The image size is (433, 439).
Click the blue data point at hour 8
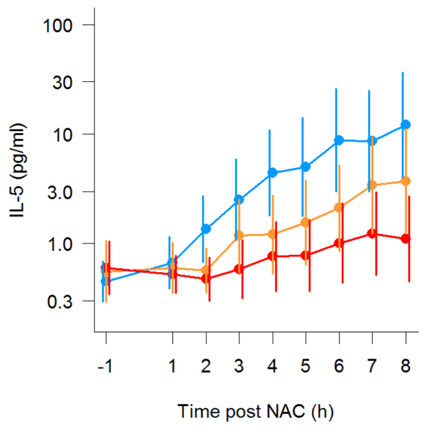(406, 124)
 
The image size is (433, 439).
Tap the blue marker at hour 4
(273, 173)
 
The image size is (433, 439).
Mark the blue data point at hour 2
(206, 228)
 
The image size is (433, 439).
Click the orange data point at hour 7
(372, 185)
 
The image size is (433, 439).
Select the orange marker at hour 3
(239, 236)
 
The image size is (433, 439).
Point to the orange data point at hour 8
(406, 181)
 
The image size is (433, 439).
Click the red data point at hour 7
(372, 233)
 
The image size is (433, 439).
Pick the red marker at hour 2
(206, 278)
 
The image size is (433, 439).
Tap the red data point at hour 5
(306, 255)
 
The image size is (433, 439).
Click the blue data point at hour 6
(339, 140)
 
